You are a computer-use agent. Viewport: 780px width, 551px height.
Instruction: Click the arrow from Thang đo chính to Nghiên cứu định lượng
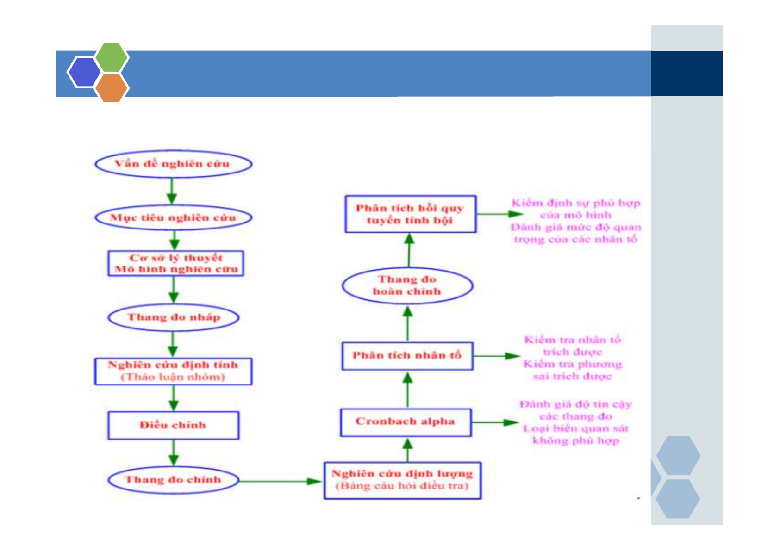281,481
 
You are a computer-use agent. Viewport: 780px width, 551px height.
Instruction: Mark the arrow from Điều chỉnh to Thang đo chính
174,452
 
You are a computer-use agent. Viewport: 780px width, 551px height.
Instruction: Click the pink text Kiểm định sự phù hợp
576,203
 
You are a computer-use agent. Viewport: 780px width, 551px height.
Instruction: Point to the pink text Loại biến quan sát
576,428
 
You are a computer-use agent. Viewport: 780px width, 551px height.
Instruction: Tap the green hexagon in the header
111,57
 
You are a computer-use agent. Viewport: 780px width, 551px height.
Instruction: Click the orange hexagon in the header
111,88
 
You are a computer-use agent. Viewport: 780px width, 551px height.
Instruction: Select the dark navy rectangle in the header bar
686,74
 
